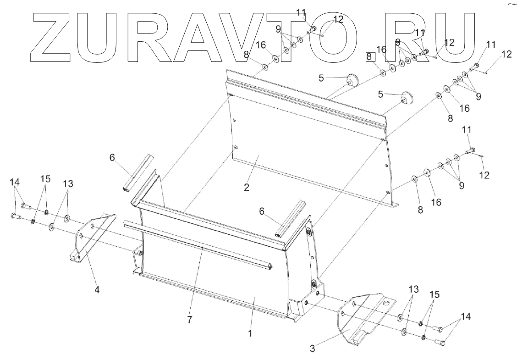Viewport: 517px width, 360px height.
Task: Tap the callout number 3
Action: (x=312, y=348)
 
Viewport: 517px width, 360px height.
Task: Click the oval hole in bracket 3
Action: (x=387, y=303)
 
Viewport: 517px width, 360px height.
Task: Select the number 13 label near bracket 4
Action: (x=68, y=183)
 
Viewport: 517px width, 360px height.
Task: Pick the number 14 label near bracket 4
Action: (x=15, y=182)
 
